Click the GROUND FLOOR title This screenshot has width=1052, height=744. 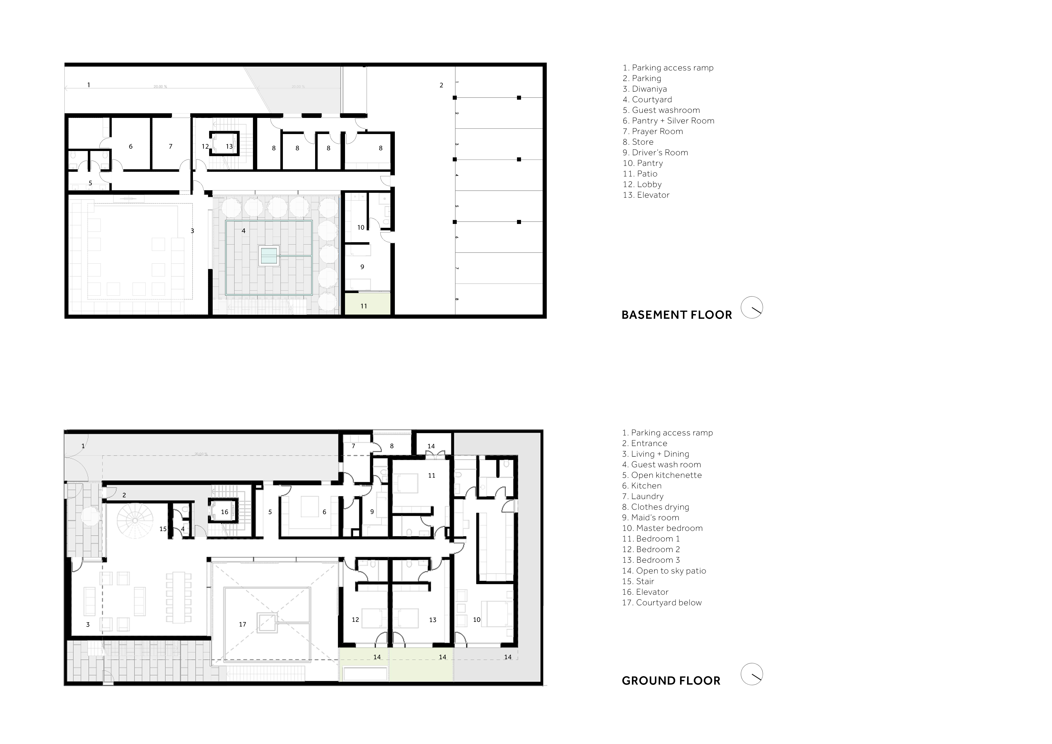[671, 681]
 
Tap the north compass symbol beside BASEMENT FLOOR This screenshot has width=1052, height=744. [752, 307]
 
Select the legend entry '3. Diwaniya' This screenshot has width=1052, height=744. [645, 89]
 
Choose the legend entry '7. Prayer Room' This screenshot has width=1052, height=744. [652, 131]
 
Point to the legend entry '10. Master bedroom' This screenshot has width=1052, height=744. [662, 528]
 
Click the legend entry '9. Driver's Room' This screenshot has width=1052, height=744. [655, 152]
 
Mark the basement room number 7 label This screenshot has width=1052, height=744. [170, 147]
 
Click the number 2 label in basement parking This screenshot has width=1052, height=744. [441, 85]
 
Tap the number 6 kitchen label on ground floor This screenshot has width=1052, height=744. [324, 512]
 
